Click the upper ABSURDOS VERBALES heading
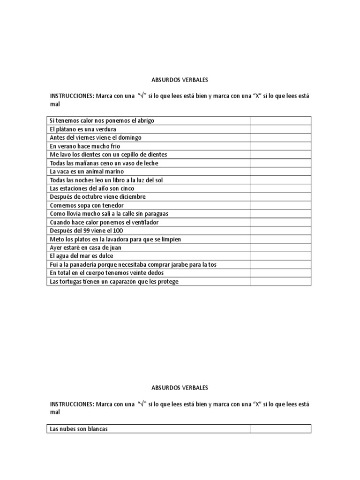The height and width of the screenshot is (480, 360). [x=180, y=80]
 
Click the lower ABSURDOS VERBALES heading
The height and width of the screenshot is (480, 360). [x=180, y=388]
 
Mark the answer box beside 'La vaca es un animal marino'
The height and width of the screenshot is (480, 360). [x=280, y=172]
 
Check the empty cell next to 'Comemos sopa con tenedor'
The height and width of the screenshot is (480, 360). [x=280, y=205]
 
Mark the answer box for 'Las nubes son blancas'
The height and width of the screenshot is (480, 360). [x=280, y=429]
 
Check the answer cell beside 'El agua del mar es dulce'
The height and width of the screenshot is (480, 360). [x=280, y=256]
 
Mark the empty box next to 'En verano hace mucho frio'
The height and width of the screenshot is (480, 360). [x=280, y=146]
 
